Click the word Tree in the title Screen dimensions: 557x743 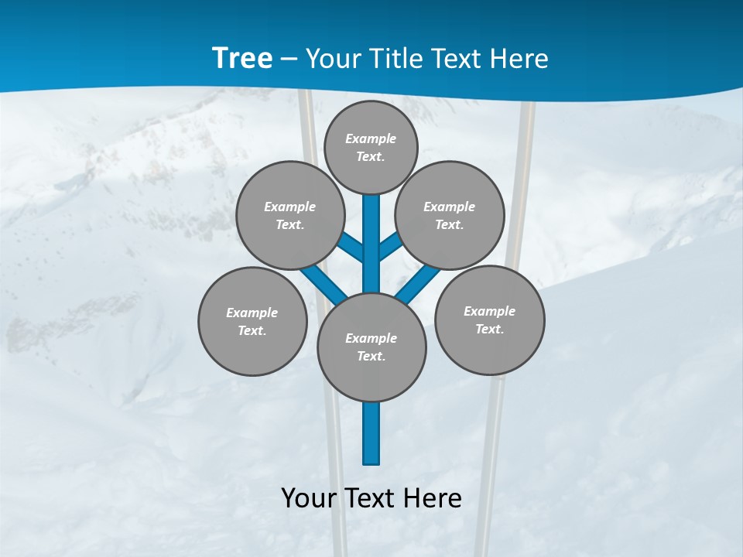coord(242,58)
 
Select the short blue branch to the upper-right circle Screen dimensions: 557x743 coord(390,246)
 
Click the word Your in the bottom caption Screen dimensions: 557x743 coord(309,497)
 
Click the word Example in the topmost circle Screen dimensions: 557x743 coord(371,138)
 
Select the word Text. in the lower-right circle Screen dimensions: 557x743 coord(490,329)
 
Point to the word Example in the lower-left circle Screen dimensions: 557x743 coord(252,313)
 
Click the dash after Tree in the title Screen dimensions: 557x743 coord(289,59)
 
